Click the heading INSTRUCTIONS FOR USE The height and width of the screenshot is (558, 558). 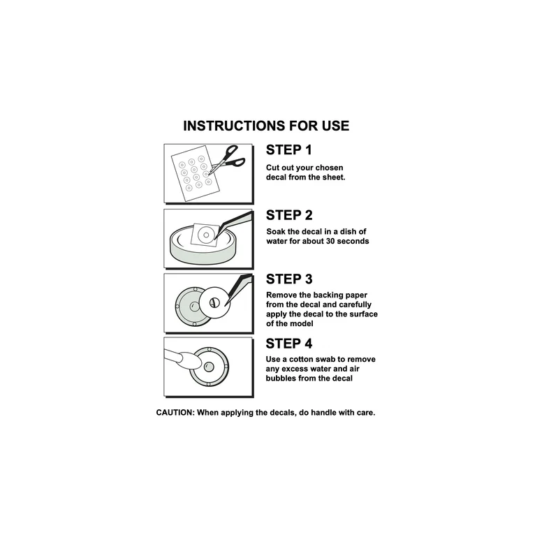coord(266,126)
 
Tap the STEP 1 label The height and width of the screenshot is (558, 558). coord(288,150)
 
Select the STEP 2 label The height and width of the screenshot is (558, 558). coord(289,215)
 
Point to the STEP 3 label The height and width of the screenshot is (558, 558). coord(289,279)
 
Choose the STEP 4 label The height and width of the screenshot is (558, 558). coord(288,344)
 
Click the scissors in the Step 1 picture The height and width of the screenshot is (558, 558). coord(227,160)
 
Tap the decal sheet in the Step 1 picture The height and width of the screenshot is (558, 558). coord(196,173)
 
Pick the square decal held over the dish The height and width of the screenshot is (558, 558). coord(205,235)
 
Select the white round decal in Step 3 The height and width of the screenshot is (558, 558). coord(214,302)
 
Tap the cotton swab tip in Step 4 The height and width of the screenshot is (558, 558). coord(189,361)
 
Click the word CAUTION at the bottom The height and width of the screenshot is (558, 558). coord(175,413)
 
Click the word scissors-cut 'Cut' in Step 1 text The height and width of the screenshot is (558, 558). coord(272,168)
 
